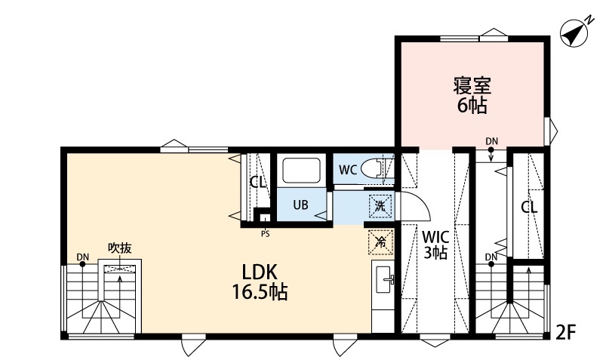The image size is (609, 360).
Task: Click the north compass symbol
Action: pyautogui.click(x=575, y=32)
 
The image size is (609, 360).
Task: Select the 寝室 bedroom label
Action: pyautogui.click(x=472, y=84)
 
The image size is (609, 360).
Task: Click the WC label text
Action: pyautogui.click(x=347, y=169)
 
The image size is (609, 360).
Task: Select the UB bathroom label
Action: pyautogui.click(x=300, y=205)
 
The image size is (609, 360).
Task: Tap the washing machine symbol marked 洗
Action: pyautogui.click(x=379, y=205)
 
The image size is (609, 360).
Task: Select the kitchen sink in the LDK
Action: pyautogui.click(x=383, y=281)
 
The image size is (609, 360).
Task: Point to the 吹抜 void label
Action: pyautogui.click(x=119, y=247)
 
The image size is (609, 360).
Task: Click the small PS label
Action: pyautogui.click(x=265, y=232)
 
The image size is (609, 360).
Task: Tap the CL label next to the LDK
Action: pyautogui.click(x=258, y=182)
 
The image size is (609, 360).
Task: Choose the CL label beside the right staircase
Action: pyautogui.click(x=528, y=207)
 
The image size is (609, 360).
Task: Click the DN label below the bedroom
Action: pyautogui.click(x=492, y=140)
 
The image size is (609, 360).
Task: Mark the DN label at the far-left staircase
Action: pyautogui.click(x=82, y=257)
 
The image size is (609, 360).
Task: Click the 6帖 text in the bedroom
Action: pyautogui.click(x=472, y=105)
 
